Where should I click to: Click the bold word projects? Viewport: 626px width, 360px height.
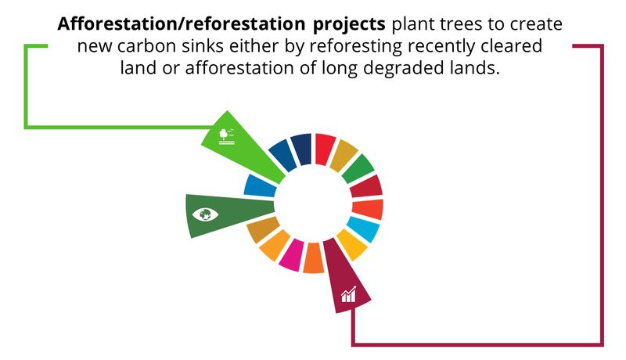pos(349,25)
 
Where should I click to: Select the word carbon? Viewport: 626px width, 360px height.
pos(146,46)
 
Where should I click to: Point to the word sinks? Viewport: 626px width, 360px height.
pos(203,46)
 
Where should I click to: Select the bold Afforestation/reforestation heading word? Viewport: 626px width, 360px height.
pos(182,24)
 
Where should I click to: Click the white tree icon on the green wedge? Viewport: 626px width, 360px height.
pos(227,136)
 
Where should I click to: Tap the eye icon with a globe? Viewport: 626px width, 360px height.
pos(205,214)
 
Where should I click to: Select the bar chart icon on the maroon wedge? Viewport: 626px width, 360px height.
pos(348,294)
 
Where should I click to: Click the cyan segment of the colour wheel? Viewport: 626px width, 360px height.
pos(363,229)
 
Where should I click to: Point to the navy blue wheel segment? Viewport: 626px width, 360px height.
pos(301,149)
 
